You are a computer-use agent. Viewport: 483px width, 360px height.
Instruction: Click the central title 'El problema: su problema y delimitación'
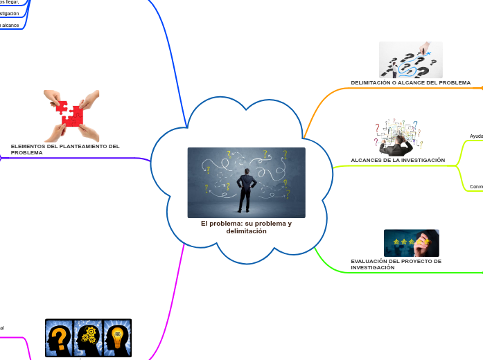tap(246, 227)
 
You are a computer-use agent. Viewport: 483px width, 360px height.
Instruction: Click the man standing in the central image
tap(245, 190)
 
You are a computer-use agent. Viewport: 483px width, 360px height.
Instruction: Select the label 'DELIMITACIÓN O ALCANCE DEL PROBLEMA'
tap(410, 82)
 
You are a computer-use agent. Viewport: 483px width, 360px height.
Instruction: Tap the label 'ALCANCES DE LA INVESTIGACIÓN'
tap(398, 160)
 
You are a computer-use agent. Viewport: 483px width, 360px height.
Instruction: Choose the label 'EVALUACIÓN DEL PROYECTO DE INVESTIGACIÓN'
tap(396, 264)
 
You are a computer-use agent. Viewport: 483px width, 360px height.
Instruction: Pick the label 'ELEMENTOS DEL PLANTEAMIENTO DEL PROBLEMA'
tap(65, 149)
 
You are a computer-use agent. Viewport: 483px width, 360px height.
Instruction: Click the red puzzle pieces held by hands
tap(71, 115)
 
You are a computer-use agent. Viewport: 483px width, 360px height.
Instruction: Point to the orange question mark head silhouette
tap(60, 338)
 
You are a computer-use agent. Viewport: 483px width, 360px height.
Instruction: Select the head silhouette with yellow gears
tap(89, 338)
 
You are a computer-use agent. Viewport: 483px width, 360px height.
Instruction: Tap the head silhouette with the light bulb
tap(117, 338)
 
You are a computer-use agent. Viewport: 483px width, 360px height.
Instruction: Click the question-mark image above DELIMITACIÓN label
tap(410, 60)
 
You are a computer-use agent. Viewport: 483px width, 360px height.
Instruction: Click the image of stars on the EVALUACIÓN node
tap(411, 243)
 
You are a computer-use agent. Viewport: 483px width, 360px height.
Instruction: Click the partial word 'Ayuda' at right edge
tap(477, 136)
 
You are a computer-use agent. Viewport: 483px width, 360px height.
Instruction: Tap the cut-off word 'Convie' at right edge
tap(477, 186)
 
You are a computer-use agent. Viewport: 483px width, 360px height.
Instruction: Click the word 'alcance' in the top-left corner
tap(10, 25)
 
